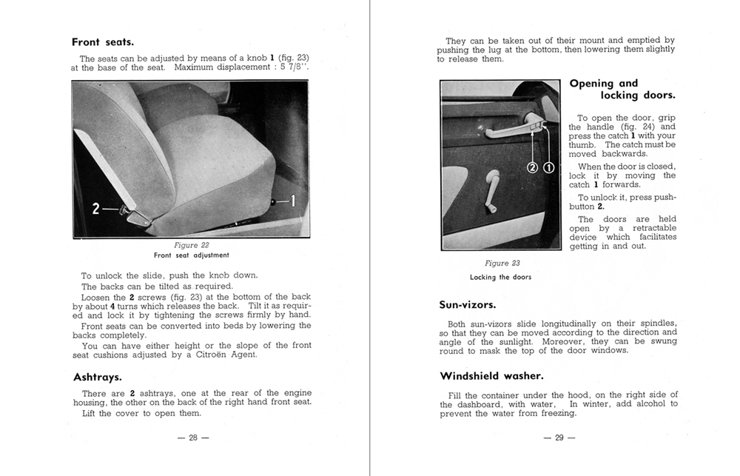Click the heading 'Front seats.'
(x=102, y=42)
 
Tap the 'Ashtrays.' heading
(x=98, y=377)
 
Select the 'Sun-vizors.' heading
(x=468, y=304)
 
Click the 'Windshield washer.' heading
(x=491, y=375)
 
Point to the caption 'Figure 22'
(x=191, y=245)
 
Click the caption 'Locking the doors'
(x=500, y=277)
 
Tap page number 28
(x=193, y=438)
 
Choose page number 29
(x=559, y=438)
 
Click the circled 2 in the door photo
(x=532, y=167)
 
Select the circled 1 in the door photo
(x=548, y=167)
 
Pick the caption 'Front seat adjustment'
(x=191, y=255)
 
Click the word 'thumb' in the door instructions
(x=582, y=145)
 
